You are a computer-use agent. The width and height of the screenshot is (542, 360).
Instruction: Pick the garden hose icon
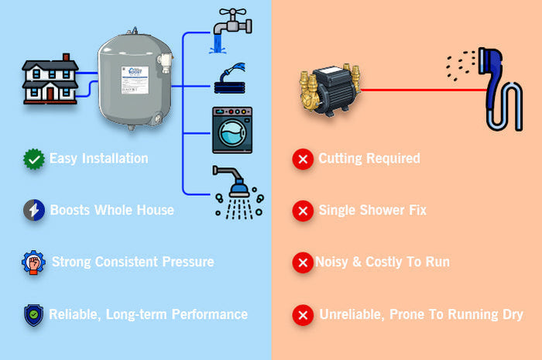[x=232, y=78]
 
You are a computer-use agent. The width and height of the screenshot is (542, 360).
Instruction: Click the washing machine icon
[x=232, y=129]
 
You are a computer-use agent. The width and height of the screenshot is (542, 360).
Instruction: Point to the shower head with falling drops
[x=236, y=191]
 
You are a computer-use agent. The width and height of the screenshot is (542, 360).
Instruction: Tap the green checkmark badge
[x=33, y=159]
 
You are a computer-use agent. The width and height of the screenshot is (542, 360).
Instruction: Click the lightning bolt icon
[x=33, y=210]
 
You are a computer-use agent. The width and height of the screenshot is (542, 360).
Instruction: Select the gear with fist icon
[x=33, y=262]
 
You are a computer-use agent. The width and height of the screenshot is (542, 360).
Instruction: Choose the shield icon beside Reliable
[x=33, y=314]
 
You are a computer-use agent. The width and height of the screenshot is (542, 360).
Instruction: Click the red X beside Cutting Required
[x=302, y=159]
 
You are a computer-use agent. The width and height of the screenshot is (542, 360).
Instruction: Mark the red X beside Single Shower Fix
[x=302, y=210]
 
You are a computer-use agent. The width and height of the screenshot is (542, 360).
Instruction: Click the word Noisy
[x=332, y=262]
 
